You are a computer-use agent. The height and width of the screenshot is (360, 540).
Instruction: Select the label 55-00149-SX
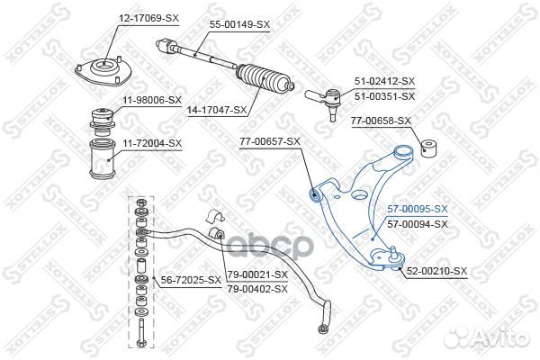click(x=240, y=24)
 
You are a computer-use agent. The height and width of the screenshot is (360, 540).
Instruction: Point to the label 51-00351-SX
click(x=385, y=96)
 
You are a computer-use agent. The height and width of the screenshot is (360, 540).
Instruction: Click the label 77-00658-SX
click(x=380, y=120)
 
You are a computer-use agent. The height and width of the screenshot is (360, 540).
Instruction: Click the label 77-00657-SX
click(x=270, y=142)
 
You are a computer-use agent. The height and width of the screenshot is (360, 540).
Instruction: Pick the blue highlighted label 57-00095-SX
click(x=417, y=210)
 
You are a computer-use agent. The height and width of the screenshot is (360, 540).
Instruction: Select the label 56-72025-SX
click(x=190, y=280)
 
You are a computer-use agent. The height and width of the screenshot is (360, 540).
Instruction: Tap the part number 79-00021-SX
click(x=257, y=274)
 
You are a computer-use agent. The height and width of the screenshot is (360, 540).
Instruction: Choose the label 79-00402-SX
click(x=257, y=288)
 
